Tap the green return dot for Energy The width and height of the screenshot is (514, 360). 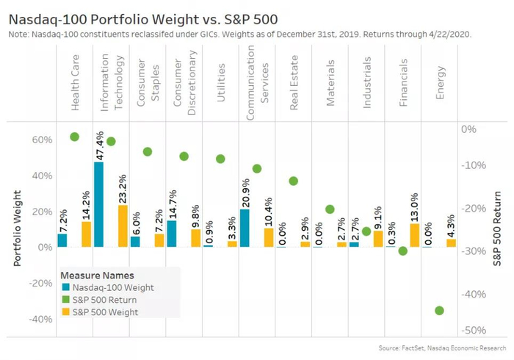tap(439, 310)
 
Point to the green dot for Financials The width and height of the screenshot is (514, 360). tap(402, 251)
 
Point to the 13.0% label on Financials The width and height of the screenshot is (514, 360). tap(414, 207)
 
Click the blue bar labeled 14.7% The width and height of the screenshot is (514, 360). tap(172, 234)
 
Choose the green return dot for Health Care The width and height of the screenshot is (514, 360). tap(74, 137)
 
